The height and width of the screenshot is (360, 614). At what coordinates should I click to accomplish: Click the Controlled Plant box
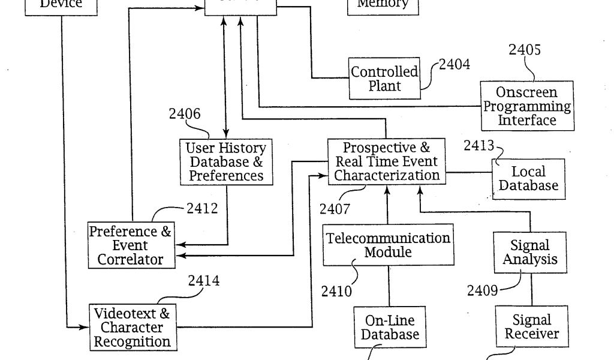pos(384,79)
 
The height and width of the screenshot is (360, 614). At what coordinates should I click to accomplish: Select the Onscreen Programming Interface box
pos(527,106)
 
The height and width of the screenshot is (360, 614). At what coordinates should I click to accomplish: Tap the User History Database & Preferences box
pos(226,161)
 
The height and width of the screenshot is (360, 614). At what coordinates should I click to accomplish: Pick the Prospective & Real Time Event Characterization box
pos(386,161)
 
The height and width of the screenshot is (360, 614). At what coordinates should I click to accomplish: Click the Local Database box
pos(528,178)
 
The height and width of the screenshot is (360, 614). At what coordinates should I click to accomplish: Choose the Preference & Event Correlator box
pos(131,245)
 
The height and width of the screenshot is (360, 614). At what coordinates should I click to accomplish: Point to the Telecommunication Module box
pos(388,245)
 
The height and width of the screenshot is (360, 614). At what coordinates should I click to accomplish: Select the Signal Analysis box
pos(530,253)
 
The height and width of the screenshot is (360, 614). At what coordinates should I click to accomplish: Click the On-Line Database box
pos(390,326)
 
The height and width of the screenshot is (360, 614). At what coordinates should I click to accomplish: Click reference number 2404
pos(454,64)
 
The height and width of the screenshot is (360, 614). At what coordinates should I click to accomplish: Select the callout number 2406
pos(184,114)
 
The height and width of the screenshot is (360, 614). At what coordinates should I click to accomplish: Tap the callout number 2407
pos(335,209)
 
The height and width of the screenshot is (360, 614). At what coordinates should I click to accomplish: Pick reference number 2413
pos(478,145)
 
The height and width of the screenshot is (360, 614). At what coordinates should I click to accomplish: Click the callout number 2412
pos(202,209)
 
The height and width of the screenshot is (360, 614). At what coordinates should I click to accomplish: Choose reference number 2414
pos(204,280)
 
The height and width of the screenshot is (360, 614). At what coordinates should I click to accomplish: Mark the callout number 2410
pos(336,292)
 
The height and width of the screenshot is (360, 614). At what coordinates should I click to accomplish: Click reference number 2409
pos(483,291)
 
